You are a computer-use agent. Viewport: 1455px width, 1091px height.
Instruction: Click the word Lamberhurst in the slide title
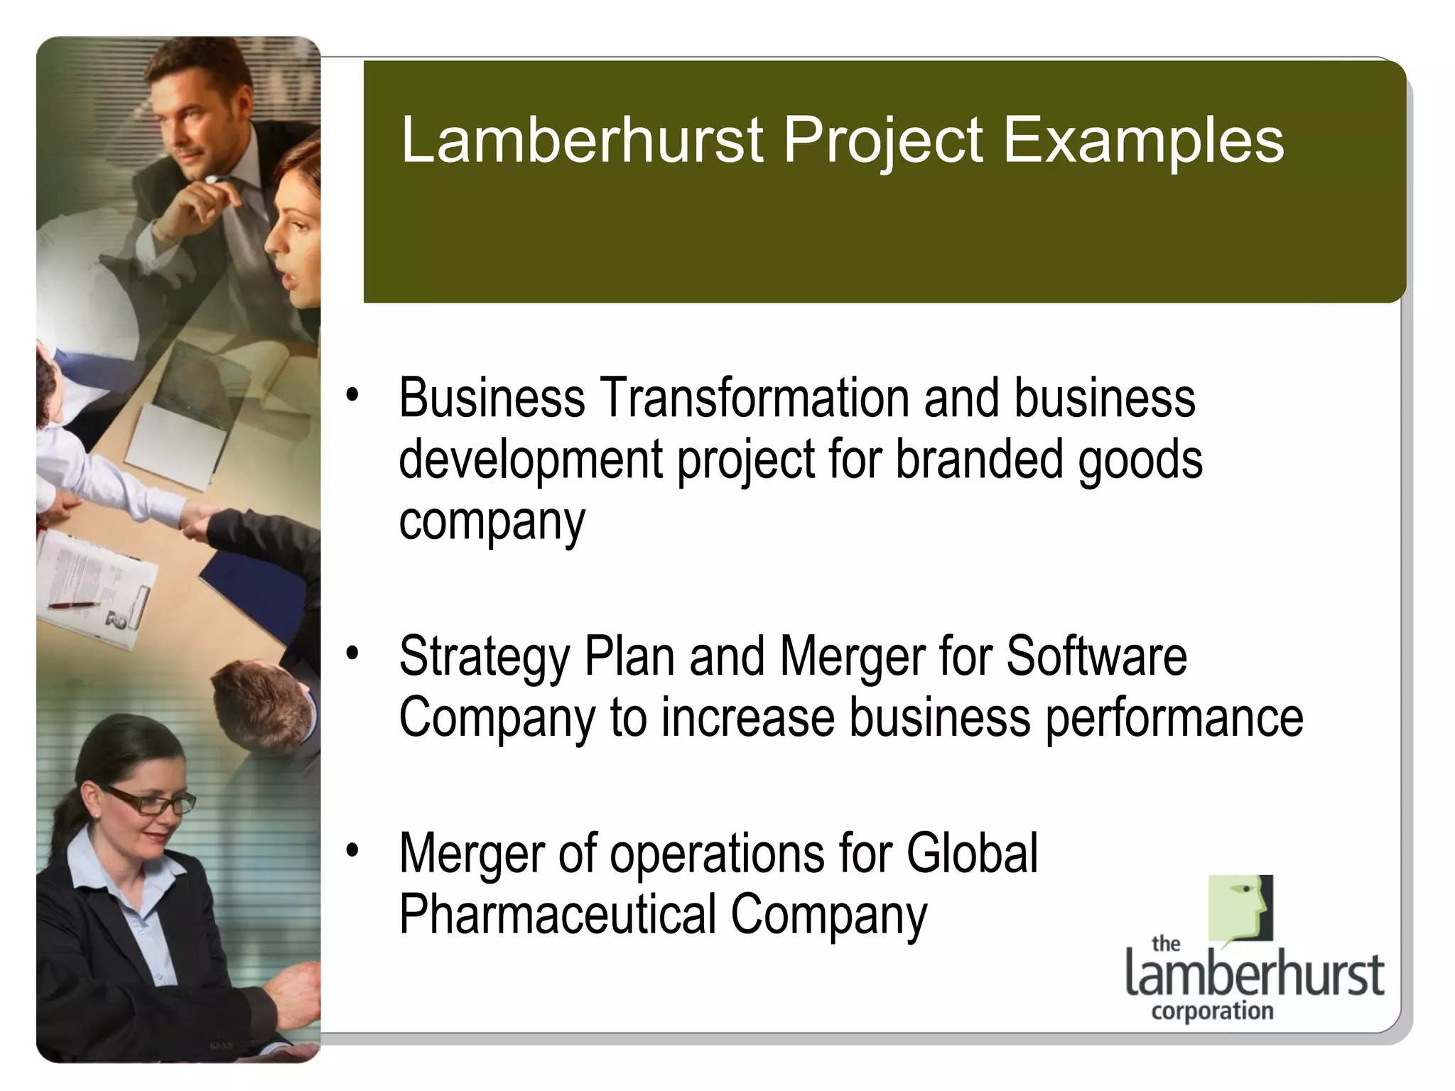582,140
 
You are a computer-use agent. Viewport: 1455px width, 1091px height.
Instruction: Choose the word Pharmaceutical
557,915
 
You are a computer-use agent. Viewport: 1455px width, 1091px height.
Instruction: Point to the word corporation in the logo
1212,1011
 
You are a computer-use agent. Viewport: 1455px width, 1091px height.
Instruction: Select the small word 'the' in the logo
1165,944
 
